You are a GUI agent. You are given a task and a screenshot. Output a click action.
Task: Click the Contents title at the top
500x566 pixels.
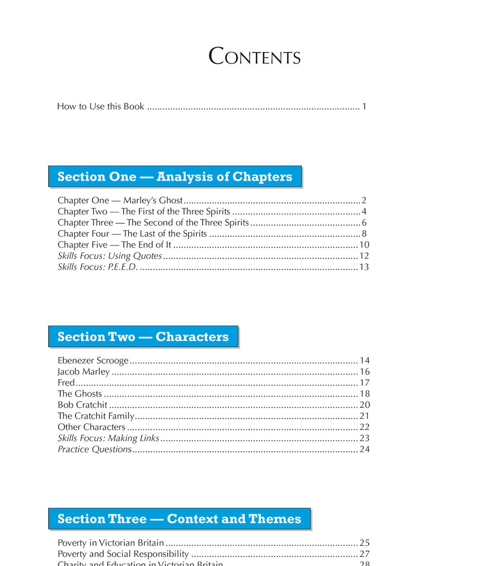pyautogui.click(x=254, y=56)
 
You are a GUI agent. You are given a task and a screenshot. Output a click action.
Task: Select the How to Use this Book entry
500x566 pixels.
pyautogui.click(x=100, y=106)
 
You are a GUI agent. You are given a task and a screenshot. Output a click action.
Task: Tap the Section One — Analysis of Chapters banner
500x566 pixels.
pyautogui.click(x=175, y=177)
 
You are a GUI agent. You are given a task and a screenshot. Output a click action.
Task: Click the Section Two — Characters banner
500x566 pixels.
pyautogui.click(x=143, y=337)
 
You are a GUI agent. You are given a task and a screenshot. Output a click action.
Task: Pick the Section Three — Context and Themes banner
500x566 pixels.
pyautogui.click(x=179, y=519)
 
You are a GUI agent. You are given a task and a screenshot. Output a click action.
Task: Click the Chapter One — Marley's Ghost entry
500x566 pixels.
pyautogui.click(x=120, y=200)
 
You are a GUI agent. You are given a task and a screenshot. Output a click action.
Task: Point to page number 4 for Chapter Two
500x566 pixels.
pyautogui.click(x=364, y=212)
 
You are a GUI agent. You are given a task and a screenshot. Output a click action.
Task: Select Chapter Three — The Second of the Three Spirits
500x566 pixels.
pyautogui.click(x=153, y=223)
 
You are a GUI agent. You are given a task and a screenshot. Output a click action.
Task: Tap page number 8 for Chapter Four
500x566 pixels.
pyautogui.click(x=364, y=234)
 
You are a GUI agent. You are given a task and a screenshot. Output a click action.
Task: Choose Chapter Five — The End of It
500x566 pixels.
pyautogui.click(x=114, y=245)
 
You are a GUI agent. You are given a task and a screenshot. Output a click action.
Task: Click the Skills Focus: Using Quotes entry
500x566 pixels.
pyautogui.click(x=110, y=256)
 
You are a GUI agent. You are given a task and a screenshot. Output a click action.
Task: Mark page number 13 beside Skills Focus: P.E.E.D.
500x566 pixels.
pyautogui.click(x=364, y=267)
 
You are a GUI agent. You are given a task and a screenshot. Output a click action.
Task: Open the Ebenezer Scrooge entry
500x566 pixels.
pyautogui.click(x=93, y=361)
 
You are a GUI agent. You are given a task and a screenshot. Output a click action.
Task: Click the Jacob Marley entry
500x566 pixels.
pyautogui.click(x=83, y=372)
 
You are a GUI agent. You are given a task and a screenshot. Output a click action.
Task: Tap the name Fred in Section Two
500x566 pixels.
pyautogui.click(x=66, y=383)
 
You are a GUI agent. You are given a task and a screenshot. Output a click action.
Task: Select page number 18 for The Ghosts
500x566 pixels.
pyautogui.click(x=365, y=394)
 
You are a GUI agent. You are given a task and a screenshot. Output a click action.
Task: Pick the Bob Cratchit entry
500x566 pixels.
pyautogui.click(x=82, y=405)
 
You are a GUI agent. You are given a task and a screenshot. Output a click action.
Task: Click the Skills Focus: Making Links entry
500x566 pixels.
pyautogui.click(x=108, y=438)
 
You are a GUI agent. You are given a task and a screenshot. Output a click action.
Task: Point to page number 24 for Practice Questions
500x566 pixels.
pyautogui.click(x=365, y=449)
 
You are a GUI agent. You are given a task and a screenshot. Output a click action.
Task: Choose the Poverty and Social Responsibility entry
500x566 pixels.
pyautogui.click(x=123, y=554)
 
